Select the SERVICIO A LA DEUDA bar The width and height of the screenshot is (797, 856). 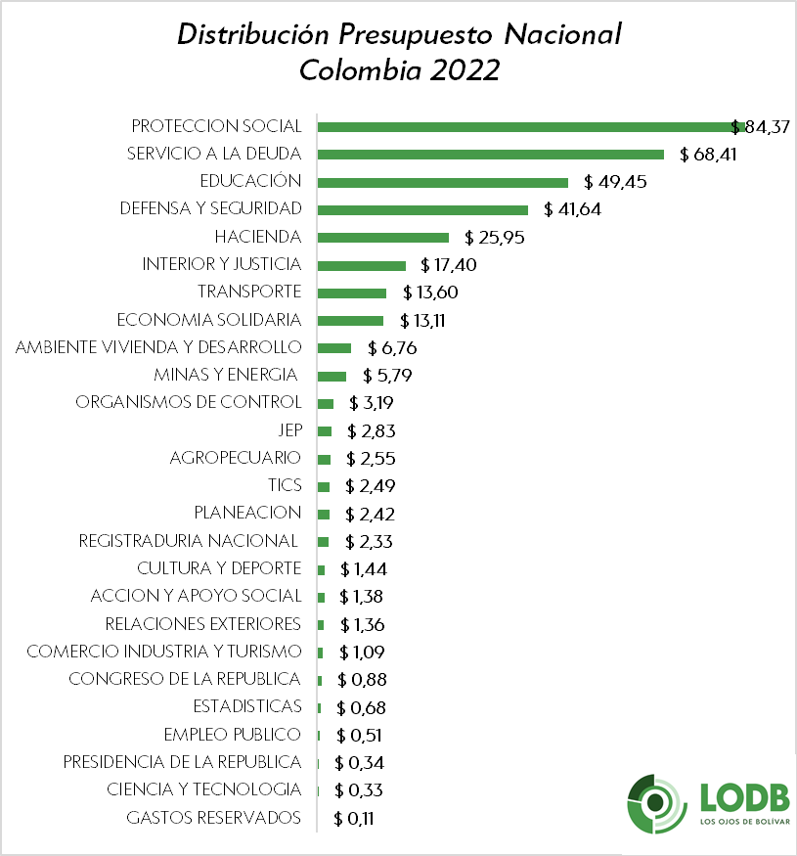(x=491, y=155)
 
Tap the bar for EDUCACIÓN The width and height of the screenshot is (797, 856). (x=443, y=182)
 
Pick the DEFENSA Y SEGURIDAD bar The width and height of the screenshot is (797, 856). (x=422, y=209)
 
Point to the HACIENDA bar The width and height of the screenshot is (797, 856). (x=383, y=237)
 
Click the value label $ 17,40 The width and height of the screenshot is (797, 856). (x=449, y=265)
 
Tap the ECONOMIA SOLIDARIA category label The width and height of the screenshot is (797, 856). (x=208, y=320)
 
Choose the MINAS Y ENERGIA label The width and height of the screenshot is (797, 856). (x=226, y=375)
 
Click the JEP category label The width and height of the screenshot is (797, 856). (x=289, y=430)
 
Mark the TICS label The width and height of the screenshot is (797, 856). (x=285, y=485)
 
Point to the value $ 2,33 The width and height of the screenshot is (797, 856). (x=369, y=541)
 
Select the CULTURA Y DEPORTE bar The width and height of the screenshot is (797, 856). (x=322, y=569)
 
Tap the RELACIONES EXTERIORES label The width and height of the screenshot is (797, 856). (x=202, y=623)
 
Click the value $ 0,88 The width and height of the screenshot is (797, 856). (x=359, y=679)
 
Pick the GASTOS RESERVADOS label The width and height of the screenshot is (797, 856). (x=214, y=818)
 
